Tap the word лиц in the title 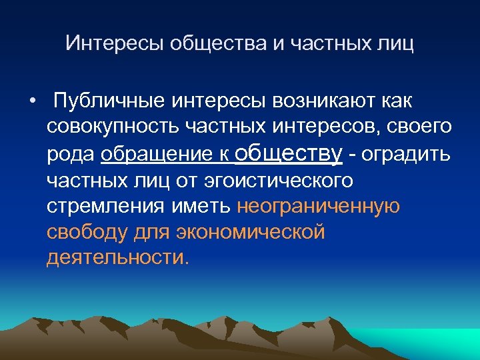point(397,44)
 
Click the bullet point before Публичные point(32,102)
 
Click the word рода point(71,153)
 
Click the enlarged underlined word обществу point(289,153)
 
